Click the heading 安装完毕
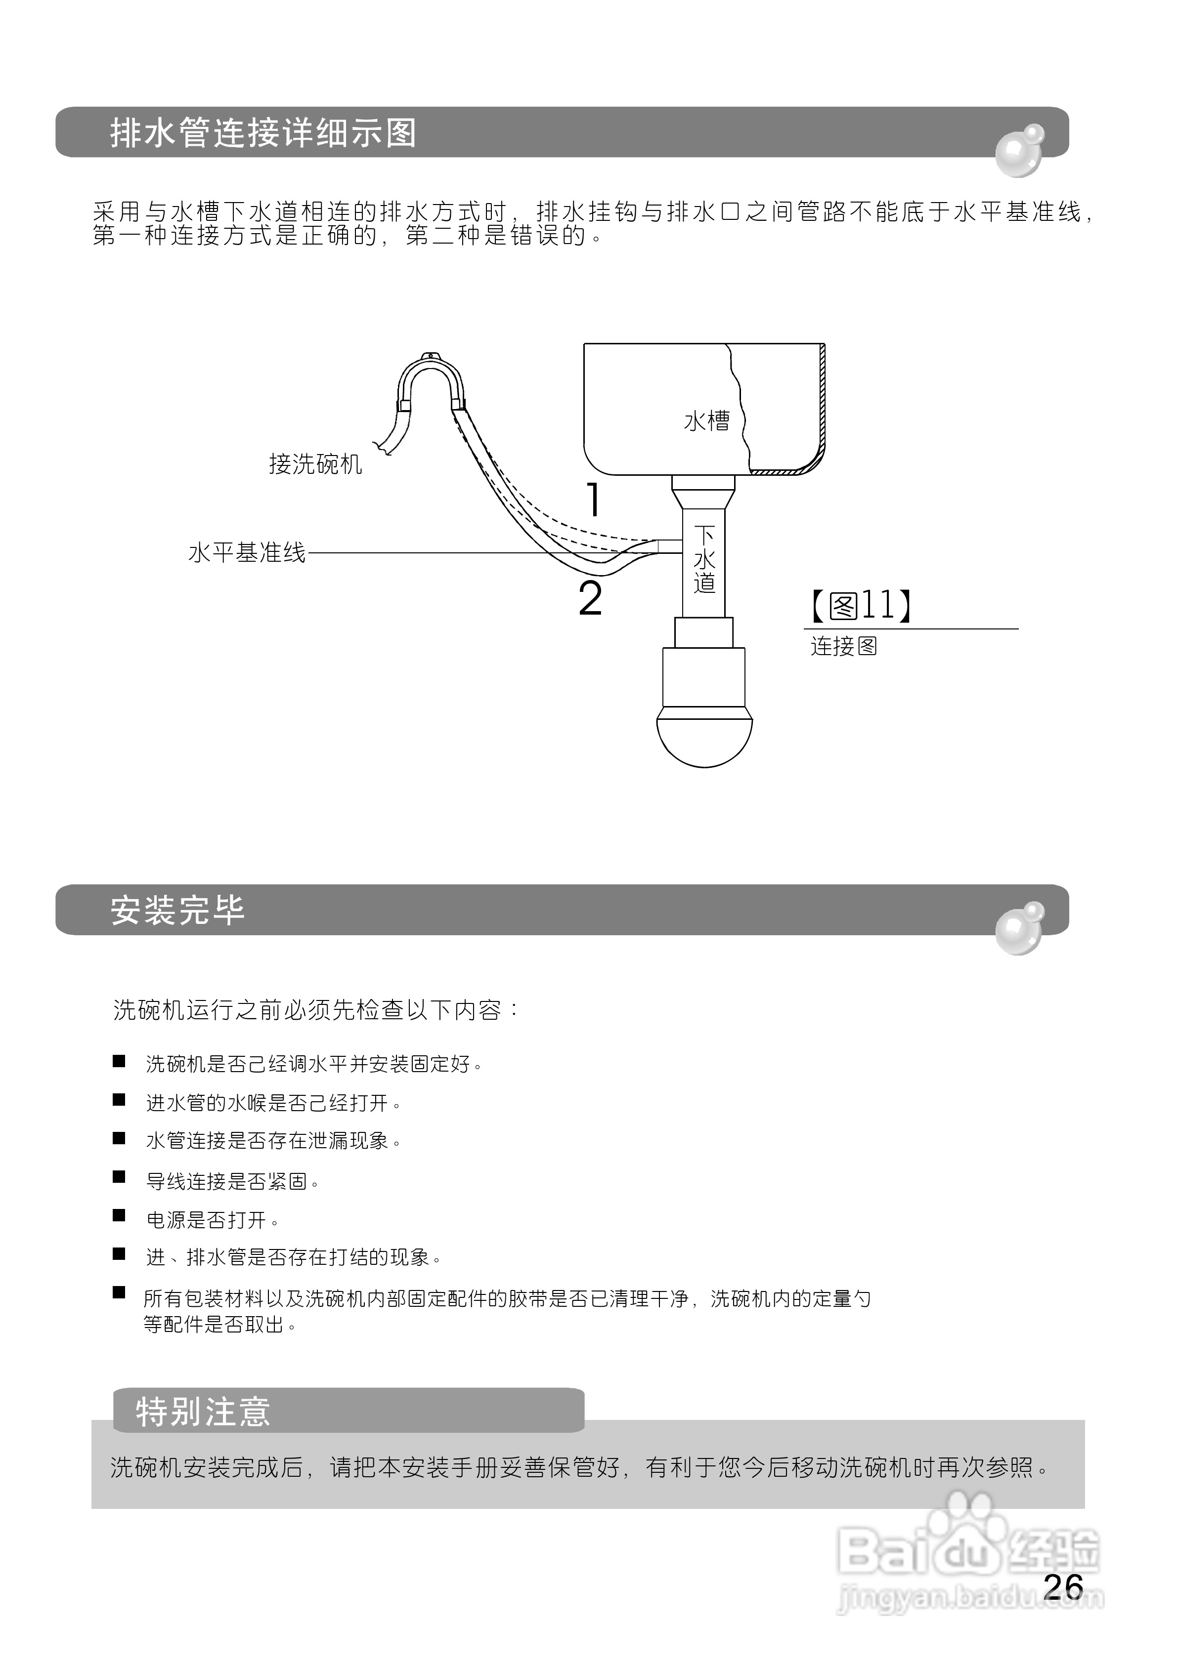177,910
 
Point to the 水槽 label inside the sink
706,421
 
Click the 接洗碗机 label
315,464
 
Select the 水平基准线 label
247,553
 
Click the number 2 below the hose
590,599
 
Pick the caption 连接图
843,646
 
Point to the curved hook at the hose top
431,373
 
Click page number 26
1063,1586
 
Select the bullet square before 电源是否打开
119,1215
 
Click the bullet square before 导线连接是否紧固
119,1177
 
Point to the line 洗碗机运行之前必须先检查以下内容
316,1009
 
